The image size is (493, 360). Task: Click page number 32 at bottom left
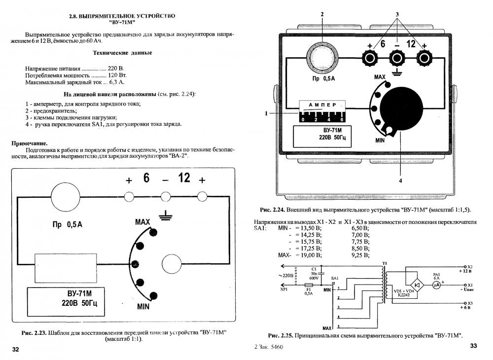point(15,350)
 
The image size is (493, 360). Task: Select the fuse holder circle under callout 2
point(322,58)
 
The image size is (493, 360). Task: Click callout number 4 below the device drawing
point(400,181)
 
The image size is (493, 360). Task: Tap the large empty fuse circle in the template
point(69,197)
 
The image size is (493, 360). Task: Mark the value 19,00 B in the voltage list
point(309,255)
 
